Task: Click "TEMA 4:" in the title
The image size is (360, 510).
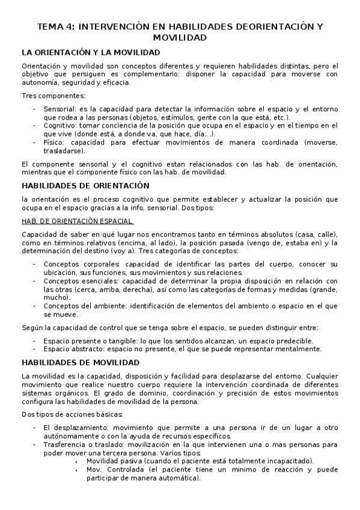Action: pyautogui.click(x=55, y=27)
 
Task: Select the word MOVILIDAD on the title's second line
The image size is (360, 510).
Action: pyautogui.click(x=180, y=37)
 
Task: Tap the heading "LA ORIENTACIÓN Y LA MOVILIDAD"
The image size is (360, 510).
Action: pyautogui.click(x=91, y=52)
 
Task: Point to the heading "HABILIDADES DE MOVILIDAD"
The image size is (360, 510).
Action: pyautogui.click(x=81, y=363)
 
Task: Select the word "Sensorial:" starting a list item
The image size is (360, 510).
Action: pyautogui.click(x=60, y=109)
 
